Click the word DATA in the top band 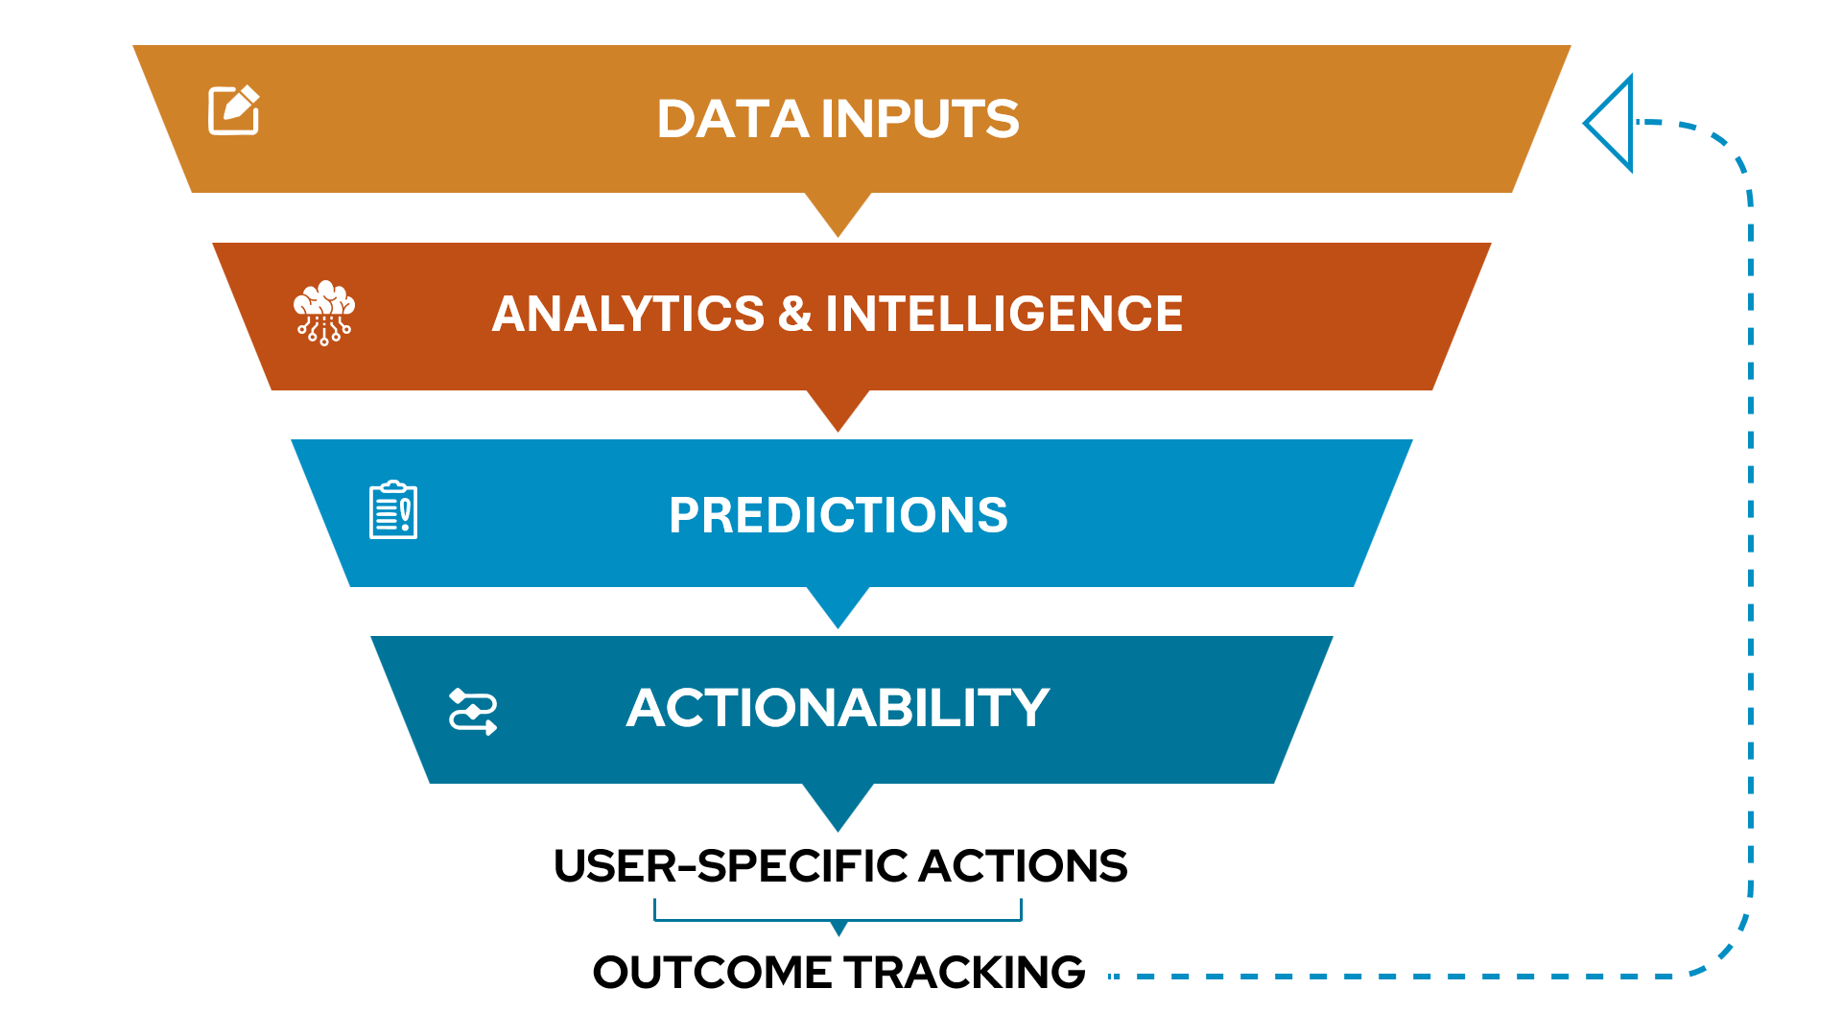pyautogui.click(x=733, y=120)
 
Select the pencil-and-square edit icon pyautogui.click(x=234, y=110)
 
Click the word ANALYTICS pyautogui.click(x=628, y=315)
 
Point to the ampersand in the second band pyautogui.click(x=794, y=315)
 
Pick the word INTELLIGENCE pyautogui.click(x=1004, y=315)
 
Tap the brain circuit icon pyautogui.click(x=324, y=313)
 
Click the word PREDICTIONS pyautogui.click(x=838, y=515)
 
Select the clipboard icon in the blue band pyautogui.click(x=393, y=510)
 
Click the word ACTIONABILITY pyautogui.click(x=838, y=708)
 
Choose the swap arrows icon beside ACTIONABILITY pyautogui.click(x=473, y=712)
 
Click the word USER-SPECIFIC pyautogui.click(x=730, y=866)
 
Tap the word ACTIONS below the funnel pyautogui.click(x=1024, y=866)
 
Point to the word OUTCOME pyautogui.click(x=712, y=973)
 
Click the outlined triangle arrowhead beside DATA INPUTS pyautogui.click(x=1613, y=123)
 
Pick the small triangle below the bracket pyautogui.click(x=839, y=928)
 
